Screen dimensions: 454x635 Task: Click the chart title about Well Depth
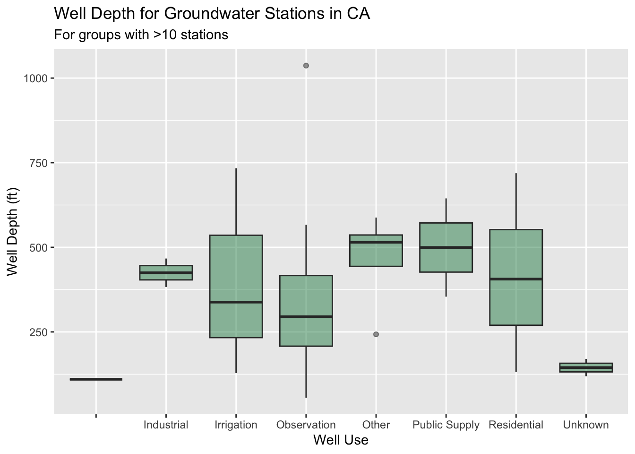[212, 14]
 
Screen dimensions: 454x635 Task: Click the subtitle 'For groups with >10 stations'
[141, 35]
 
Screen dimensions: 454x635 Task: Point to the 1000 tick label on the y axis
[36, 79]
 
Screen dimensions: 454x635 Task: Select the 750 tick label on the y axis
[39, 163]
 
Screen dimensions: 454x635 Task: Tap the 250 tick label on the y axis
[39, 332]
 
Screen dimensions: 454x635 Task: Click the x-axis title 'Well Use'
[341, 440]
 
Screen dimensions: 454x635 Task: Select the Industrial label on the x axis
[166, 425]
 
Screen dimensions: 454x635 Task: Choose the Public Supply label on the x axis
[446, 425]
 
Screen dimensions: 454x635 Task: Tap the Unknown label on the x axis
[586, 425]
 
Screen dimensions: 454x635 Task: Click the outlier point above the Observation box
[306, 66]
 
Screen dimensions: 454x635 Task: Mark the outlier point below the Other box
[376, 334]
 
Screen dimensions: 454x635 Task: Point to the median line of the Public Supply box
[446, 247]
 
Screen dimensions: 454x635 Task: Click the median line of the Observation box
[306, 316]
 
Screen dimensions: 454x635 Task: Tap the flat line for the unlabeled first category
[96, 379]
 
